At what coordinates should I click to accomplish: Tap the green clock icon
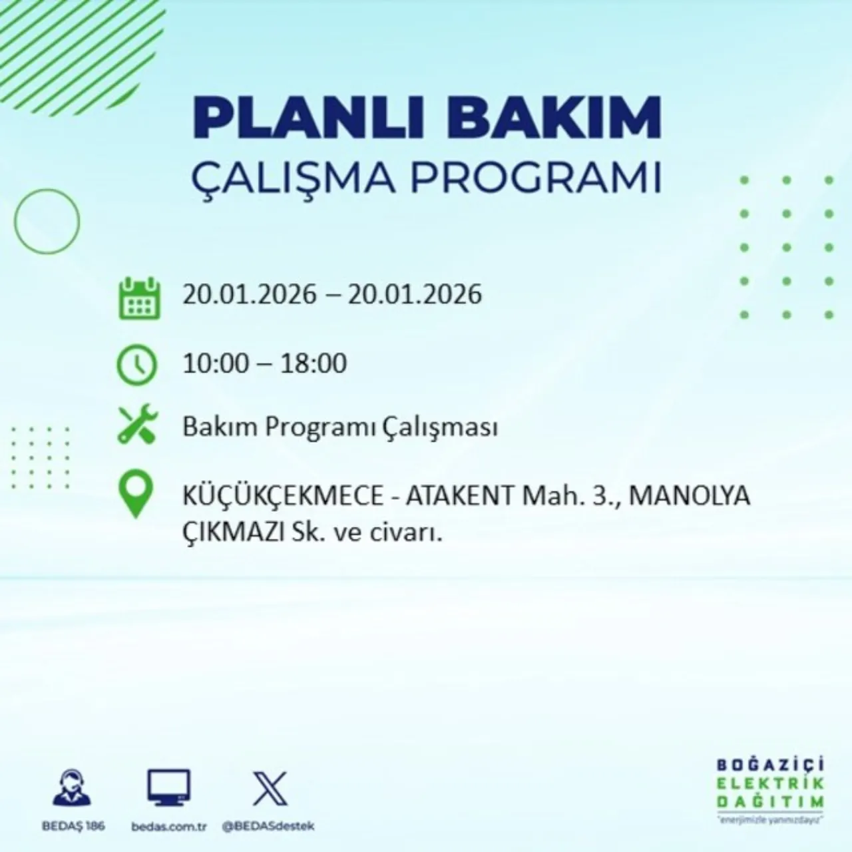(x=137, y=365)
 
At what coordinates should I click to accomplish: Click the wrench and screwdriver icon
(x=137, y=426)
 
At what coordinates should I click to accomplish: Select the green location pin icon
(x=135, y=495)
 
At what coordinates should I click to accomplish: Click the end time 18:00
(x=314, y=363)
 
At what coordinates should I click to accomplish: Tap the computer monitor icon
(x=168, y=789)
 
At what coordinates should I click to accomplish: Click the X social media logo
(x=270, y=789)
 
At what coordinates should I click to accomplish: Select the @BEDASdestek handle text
(x=268, y=826)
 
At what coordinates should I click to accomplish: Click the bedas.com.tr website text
(x=169, y=826)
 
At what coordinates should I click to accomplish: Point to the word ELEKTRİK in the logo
(x=769, y=783)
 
